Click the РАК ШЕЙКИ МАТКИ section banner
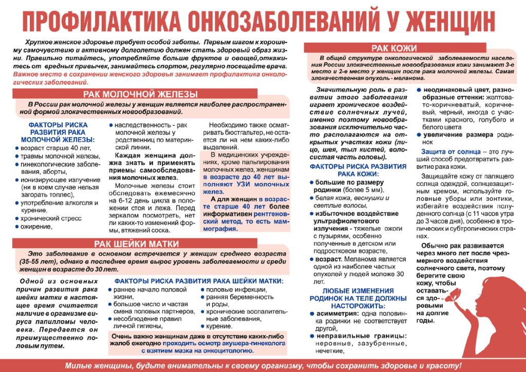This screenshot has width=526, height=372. click(x=136, y=244)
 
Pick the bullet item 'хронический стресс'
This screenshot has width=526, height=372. click(x=48, y=218)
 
